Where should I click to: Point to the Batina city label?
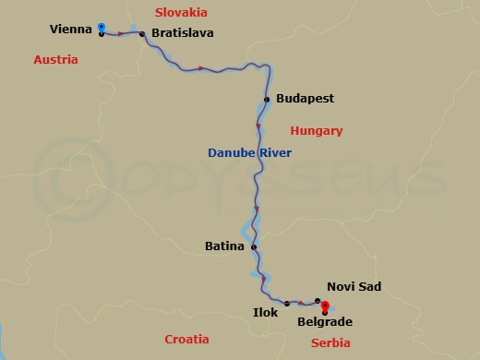224,246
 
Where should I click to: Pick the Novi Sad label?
354,287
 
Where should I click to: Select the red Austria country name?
55,59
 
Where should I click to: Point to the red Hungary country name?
317,131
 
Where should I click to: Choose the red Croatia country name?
186,339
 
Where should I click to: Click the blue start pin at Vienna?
101,28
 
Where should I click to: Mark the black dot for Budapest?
267,99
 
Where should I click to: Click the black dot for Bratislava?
142,34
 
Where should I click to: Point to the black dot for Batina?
254,246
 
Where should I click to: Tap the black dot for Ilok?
287,303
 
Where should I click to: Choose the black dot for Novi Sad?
318,300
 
